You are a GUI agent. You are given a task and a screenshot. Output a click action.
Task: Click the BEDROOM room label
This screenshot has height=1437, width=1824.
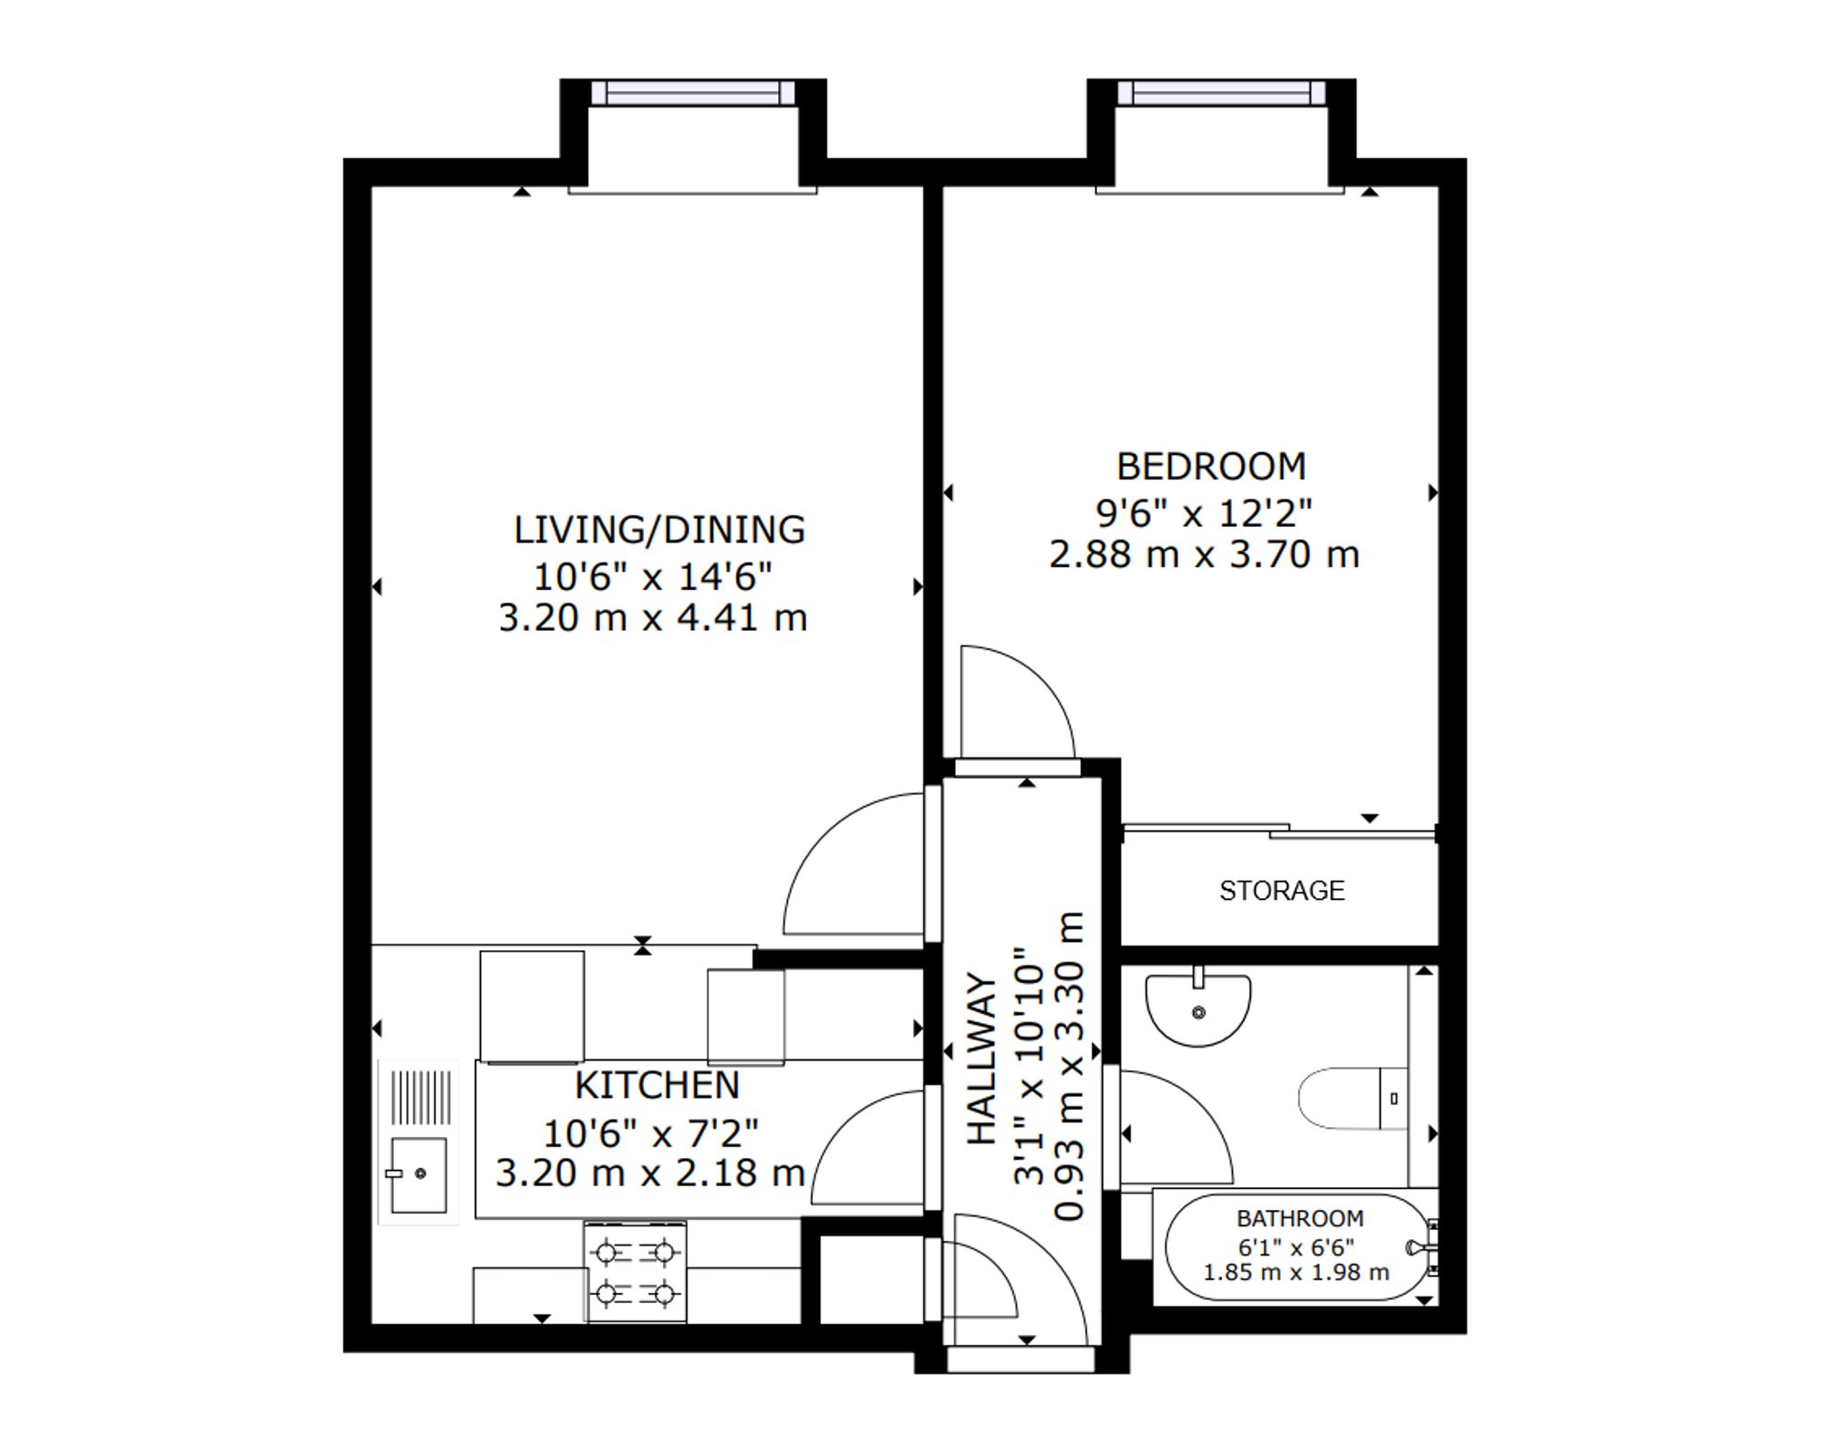(1211, 467)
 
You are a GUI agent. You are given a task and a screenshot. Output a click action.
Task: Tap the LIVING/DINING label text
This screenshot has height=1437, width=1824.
(659, 530)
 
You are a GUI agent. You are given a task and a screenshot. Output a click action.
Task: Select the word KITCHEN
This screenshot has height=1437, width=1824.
(657, 1085)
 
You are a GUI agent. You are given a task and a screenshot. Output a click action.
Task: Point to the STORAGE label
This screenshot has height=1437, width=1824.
(1281, 891)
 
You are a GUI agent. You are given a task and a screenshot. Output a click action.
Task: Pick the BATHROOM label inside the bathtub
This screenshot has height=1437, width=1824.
(1300, 1218)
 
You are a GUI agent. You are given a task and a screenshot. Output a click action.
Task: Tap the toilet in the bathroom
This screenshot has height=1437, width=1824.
(1353, 1099)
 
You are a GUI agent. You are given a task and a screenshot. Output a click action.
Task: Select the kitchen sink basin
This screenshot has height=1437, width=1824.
(419, 1174)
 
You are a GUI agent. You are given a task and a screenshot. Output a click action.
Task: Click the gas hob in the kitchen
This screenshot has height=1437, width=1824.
(636, 1273)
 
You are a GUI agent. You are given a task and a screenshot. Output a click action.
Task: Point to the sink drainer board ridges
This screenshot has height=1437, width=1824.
(420, 1097)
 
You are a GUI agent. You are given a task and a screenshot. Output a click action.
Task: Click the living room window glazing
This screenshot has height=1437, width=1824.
(693, 92)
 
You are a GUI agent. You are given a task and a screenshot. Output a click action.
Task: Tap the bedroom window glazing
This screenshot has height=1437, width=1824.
(1221, 92)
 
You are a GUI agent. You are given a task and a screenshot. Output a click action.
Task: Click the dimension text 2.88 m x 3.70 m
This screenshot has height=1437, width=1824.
(1204, 554)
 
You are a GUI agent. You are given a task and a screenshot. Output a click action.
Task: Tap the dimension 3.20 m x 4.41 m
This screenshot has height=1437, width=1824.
(653, 618)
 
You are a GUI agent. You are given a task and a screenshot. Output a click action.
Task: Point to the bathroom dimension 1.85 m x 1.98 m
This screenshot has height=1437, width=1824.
(1297, 1272)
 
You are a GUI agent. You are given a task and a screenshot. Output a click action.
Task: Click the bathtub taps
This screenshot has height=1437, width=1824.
(1425, 1247)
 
